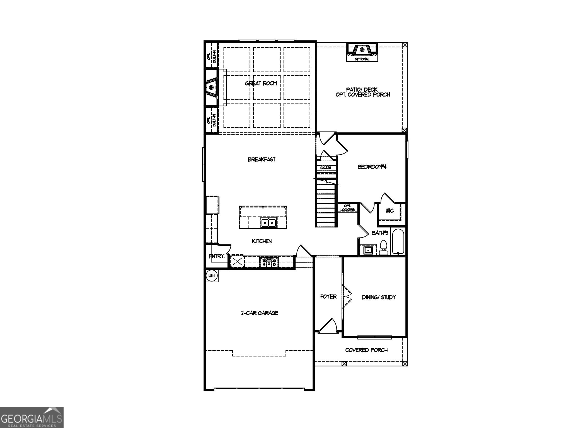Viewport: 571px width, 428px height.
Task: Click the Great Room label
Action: (261, 83)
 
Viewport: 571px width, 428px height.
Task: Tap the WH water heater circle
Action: (212, 276)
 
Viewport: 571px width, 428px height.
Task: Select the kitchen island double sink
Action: (268, 223)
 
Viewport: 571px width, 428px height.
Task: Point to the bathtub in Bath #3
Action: (398, 241)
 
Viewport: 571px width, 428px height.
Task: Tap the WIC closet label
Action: (389, 211)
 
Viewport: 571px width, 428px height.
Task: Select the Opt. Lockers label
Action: (347, 208)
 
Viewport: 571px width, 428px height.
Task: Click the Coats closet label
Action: (326, 168)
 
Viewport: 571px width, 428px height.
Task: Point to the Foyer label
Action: (328, 297)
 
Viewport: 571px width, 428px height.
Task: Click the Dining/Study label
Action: (379, 297)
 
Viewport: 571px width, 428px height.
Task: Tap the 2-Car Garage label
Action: (259, 313)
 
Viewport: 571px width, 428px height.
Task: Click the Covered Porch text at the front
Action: (366, 350)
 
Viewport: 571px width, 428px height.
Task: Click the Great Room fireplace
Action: (212, 87)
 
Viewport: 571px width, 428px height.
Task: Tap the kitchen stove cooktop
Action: (268, 262)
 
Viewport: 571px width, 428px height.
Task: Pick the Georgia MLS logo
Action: (32, 417)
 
